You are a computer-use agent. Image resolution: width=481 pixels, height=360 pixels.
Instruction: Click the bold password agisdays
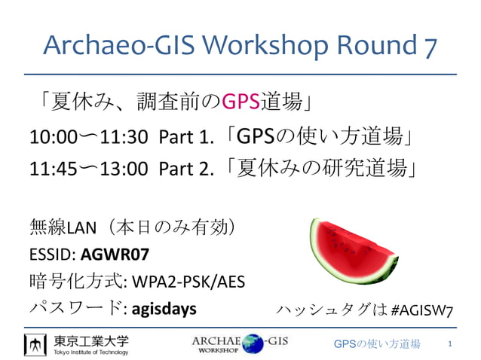click(x=164, y=308)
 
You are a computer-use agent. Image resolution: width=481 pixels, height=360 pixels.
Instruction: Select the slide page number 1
click(x=450, y=344)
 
